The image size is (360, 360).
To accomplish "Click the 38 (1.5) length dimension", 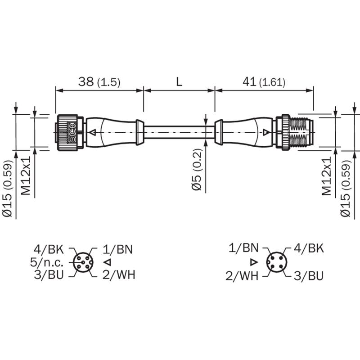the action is [x=99, y=81].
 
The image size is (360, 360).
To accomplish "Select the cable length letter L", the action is [x=179, y=81].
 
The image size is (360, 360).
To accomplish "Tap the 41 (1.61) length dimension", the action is [x=264, y=82].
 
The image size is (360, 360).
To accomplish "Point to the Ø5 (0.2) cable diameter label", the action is [x=197, y=170].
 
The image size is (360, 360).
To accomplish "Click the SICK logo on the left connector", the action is [x=72, y=133].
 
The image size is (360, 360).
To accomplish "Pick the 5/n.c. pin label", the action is [x=47, y=262].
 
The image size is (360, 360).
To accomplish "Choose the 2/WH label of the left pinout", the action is [x=119, y=274].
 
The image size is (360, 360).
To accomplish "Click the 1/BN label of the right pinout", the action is [x=243, y=248].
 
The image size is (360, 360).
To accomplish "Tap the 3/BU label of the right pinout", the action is [x=309, y=276].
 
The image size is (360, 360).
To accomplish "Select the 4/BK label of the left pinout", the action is [x=49, y=249].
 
